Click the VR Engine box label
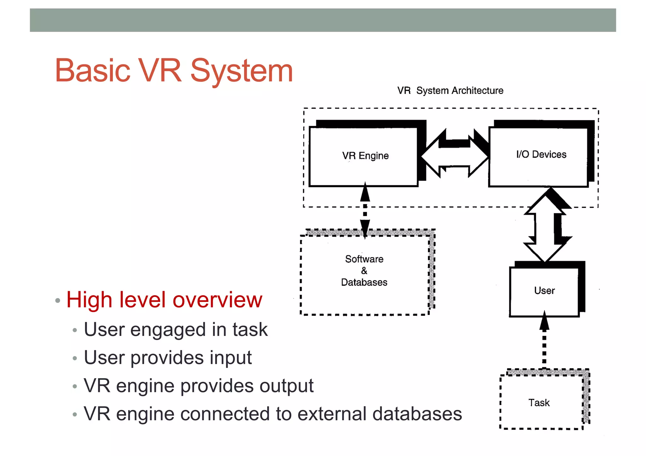click(365, 156)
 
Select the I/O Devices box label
click(541, 154)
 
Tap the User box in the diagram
click(544, 291)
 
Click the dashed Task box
click(539, 403)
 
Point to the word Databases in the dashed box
click(364, 282)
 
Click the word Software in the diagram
click(364, 259)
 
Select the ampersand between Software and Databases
click(364, 271)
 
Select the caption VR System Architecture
click(450, 91)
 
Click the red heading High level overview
click(164, 300)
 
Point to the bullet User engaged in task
click(176, 330)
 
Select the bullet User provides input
click(167, 358)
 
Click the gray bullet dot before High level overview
click(57, 300)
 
